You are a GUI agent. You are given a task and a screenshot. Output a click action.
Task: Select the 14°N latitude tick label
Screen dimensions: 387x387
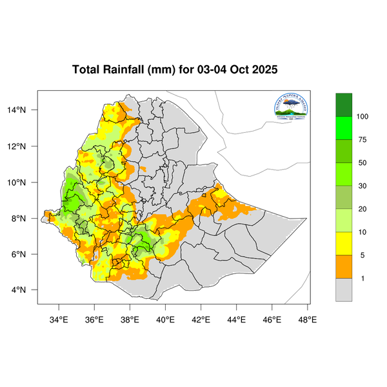[25, 110]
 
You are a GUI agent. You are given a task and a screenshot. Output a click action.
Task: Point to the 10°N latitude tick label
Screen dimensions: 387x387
[25, 182]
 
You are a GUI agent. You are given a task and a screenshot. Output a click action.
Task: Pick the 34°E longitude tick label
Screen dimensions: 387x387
[59, 319]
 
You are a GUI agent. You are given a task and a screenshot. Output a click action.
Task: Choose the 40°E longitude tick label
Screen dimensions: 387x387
[165, 319]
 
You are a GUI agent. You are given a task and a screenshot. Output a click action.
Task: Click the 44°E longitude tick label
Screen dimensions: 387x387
[236, 319]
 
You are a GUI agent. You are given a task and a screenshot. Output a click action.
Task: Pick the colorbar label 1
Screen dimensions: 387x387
[361, 278]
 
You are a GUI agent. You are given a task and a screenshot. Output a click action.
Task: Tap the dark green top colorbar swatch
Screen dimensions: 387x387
[344, 104]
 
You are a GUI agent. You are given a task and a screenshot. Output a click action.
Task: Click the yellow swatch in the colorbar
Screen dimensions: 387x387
[344, 244]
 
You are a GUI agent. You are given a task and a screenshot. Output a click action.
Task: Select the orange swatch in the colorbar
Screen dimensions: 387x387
[344, 267]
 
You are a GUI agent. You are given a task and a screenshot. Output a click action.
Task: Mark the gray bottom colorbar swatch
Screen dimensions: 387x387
[344, 290]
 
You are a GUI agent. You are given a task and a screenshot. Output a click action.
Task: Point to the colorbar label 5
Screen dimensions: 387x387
[361, 255]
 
